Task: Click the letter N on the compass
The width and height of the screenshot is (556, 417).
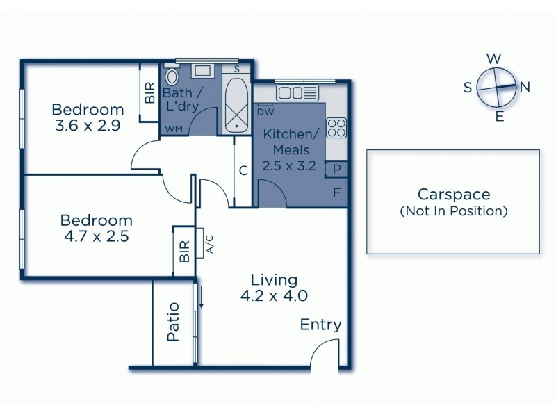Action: pyautogui.click(x=525, y=87)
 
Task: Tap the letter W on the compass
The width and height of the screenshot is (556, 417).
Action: pyautogui.click(x=493, y=58)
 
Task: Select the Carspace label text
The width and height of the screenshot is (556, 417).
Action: pyautogui.click(x=453, y=195)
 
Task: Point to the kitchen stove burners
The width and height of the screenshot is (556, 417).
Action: pyautogui.click(x=336, y=127)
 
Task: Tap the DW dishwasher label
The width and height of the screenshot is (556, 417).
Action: pyautogui.click(x=265, y=112)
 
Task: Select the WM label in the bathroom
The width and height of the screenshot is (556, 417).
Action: pyautogui.click(x=173, y=129)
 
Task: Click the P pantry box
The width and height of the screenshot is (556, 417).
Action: pyautogui.click(x=337, y=169)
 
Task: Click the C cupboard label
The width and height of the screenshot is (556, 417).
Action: pyautogui.click(x=243, y=170)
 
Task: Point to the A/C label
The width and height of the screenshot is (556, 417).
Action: pyautogui.click(x=208, y=245)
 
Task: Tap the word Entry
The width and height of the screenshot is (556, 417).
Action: pyautogui.click(x=320, y=325)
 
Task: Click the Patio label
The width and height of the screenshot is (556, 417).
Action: pyautogui.click(x=173, y=322)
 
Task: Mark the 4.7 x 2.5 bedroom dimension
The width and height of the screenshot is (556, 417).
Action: pyautogui.click(x=96, y=236)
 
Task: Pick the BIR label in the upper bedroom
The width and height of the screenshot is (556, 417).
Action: pyautogui.click(x=149, y=94)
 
